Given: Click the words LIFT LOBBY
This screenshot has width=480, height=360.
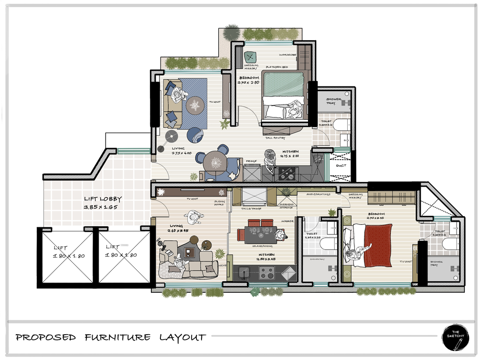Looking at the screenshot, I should click(103, 199).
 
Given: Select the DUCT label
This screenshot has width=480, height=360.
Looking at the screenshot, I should click(341, 166).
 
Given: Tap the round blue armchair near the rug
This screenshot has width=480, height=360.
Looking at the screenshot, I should click(195, 135).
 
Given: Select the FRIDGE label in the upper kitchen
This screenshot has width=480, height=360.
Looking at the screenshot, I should click(251, 161).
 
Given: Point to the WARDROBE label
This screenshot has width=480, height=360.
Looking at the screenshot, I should click(288, 55).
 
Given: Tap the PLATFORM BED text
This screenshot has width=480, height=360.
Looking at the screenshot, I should click(277, 67).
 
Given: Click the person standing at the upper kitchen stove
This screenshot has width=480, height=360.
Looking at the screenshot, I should click(270, 160).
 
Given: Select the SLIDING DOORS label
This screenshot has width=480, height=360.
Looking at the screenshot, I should click(220, 203).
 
